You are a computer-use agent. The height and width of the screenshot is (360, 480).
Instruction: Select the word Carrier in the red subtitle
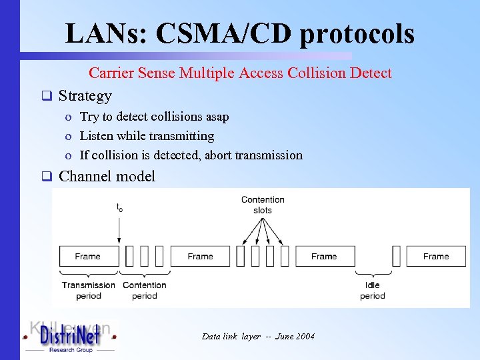pyautogui.click(x=111, y=73)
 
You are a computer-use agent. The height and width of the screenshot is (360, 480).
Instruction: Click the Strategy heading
pyautogui.click(x=85, y=95)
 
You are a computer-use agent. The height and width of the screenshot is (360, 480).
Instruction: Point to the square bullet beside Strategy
pyautogui.click(x=47, y=95)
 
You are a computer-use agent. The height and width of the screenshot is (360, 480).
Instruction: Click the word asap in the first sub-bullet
pyautogui.click(x=217, y=117)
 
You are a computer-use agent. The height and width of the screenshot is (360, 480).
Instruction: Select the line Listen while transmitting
pyautogui.click(x=147, y=136)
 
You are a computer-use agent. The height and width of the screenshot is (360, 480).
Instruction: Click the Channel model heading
pyautogui.click(x=107, y=176)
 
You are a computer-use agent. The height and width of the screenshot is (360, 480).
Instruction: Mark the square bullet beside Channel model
pyautogui.click(x=47, y=177)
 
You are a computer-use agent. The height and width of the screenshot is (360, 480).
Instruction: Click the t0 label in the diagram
pyautogui.click(x=119, y=208)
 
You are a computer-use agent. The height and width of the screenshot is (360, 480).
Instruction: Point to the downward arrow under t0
pyautogui.click(x=119, y=229)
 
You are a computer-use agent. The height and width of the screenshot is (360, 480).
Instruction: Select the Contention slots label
pyautogui.click(x=263, y=205)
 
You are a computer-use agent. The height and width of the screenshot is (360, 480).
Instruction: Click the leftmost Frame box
pyautogui.click(x=88, y=256)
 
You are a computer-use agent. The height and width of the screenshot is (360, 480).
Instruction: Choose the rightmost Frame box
pyautogui.click(x=436, y=256)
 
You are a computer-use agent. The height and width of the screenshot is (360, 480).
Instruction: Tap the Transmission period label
pyautogui.click(x=89, y=290)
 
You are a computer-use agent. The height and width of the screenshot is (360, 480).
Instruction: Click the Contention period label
pyautogui.click(x=145, y=290)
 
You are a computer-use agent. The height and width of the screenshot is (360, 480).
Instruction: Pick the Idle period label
pyautogui.click(x=373, y=290)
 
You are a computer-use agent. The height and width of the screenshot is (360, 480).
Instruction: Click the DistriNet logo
pyautogui.click(x=69, y=337)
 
